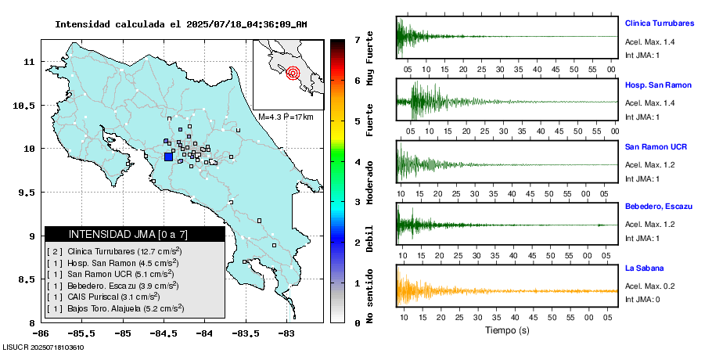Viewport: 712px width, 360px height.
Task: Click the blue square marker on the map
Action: pos(168,157)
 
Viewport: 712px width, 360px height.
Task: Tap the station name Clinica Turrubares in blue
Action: pos(659,23)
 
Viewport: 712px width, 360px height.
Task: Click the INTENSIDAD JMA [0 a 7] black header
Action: pos(135,234)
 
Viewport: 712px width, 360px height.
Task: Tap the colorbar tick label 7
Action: pos(357,39)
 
